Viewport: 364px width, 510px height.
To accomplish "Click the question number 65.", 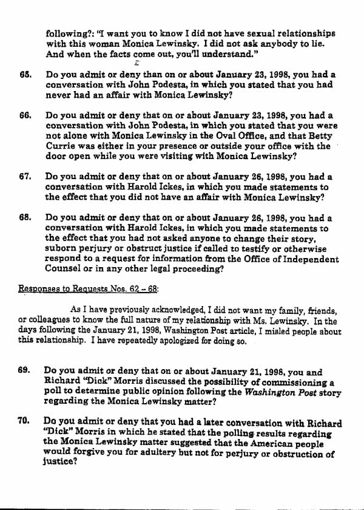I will click(x=25, y=75).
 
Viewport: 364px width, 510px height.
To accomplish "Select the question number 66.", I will click(x=25, y=115).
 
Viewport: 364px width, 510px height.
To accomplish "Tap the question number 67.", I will click(x=25, y=177).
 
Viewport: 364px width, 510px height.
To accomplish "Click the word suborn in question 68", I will click(x=64, y=248).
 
